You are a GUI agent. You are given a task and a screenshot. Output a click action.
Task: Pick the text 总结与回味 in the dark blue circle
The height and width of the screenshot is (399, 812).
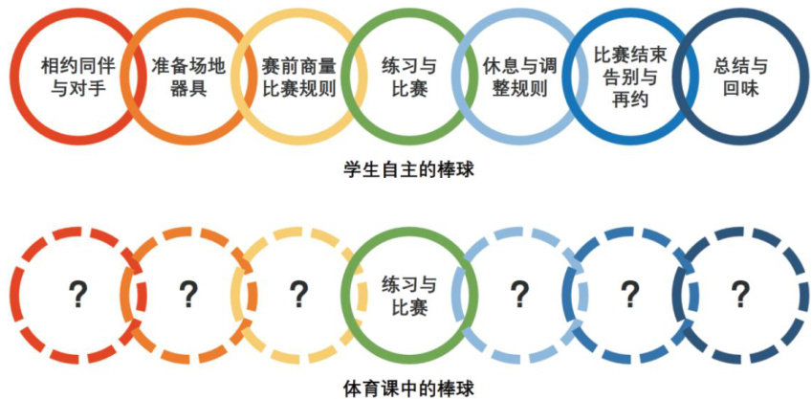740,78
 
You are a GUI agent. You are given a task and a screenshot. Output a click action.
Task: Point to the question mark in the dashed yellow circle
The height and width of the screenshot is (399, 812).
298,292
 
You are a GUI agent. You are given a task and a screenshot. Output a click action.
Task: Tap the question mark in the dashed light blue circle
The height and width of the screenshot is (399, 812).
519,292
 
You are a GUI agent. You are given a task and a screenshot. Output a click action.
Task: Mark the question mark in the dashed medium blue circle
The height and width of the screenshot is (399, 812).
628,292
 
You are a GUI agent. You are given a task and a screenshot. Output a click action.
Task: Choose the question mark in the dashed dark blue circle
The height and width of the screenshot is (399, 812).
738,292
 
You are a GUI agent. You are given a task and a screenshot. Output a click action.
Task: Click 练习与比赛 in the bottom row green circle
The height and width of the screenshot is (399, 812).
409,296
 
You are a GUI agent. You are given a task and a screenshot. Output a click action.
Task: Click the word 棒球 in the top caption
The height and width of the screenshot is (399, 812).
454,171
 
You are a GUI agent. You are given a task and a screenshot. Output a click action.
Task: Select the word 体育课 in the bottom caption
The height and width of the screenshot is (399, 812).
365,388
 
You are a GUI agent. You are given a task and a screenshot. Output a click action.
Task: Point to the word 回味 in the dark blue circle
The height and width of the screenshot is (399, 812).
740,92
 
